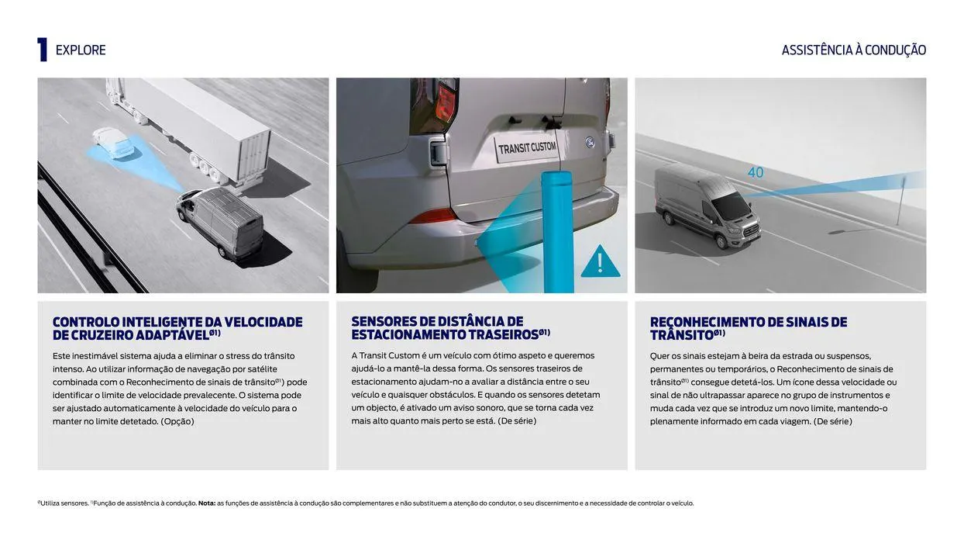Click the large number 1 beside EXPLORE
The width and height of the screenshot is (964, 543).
[42, 50]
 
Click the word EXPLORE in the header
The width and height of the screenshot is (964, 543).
[81, 50]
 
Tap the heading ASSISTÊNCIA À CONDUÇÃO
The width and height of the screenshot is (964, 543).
[854, 50]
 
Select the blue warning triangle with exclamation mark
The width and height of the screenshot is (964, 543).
[601, 261]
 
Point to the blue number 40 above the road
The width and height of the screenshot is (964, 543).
[756, 172]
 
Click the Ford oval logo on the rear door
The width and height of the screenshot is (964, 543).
[590, 142]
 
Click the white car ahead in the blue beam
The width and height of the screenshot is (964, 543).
[113, 143]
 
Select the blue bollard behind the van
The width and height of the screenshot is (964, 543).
[558, 232]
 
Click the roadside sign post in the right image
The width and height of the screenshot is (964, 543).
[900, 201]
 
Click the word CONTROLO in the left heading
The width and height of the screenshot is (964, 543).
[86, 322]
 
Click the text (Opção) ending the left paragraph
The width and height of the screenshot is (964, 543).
[177, 421]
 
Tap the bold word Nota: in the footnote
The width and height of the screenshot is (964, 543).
[207, 503]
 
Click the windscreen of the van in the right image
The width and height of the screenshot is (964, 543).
[731, 206]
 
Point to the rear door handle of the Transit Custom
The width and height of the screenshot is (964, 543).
[437, 152]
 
